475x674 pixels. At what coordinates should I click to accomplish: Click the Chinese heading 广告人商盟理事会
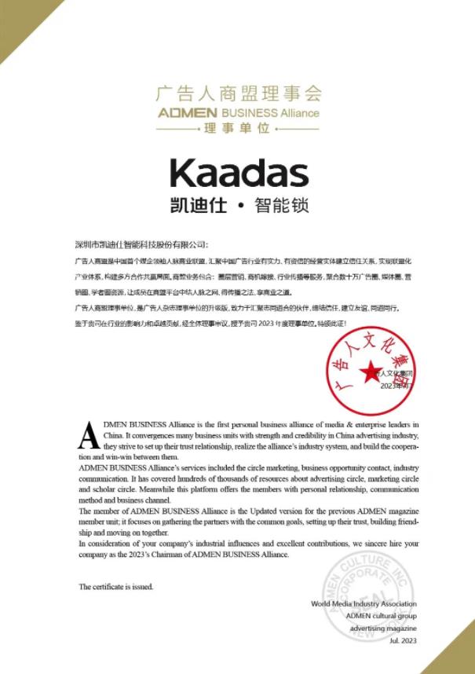coord(238,94)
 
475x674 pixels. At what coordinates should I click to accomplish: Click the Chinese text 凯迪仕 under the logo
coord(198,206)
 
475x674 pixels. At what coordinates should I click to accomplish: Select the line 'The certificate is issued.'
coord(115,587)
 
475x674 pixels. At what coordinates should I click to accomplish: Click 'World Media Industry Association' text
coord(364,604)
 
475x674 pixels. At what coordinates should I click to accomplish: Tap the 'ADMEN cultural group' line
coord(381,616)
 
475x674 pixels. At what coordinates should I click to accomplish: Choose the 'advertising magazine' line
coord(382,628)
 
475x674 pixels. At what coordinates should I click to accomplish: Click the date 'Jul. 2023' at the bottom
coord(403,641)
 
